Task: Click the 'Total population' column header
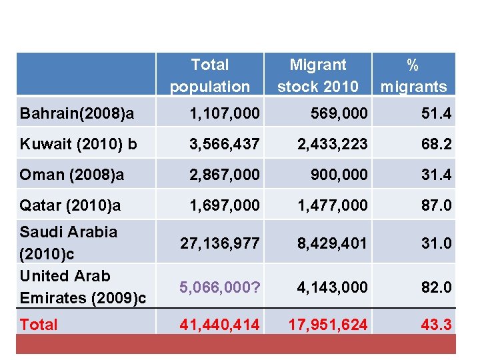pos(209,75)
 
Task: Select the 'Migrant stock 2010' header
pos(318,75)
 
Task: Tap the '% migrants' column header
pos(413,75)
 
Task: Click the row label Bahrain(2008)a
pos(77,114)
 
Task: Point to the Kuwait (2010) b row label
pos(79,144)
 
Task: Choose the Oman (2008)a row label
pos(72,175)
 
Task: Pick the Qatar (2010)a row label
pos(71,205)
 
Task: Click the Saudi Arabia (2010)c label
pos(69,243)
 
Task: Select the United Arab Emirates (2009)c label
pos(83,287)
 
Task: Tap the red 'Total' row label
pos(39,325)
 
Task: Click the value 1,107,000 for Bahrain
pos(225,114)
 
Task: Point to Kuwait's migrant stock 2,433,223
pos(332,144)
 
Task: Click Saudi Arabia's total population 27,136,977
pos(220,243)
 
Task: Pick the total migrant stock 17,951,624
pos(327,325)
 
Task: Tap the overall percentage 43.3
pos(436,325)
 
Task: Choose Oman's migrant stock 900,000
pos(339,175)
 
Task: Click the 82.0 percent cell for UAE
pos(436,287)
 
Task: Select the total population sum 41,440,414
pos(220,325)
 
